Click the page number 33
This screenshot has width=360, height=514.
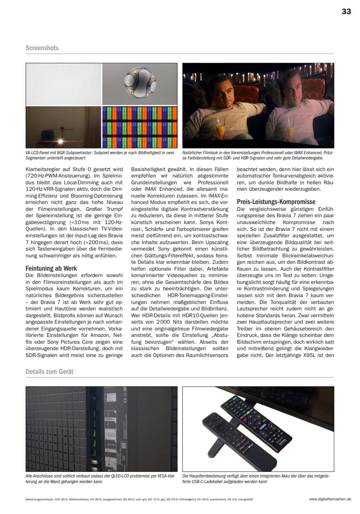point(346,12)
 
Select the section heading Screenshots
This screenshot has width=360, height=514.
point(42,48)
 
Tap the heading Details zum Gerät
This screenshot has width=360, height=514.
point(49,371)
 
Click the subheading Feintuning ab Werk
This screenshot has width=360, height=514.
point(51,268)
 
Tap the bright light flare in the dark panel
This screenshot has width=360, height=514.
point(61,141)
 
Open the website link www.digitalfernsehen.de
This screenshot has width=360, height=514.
point(330,499)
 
